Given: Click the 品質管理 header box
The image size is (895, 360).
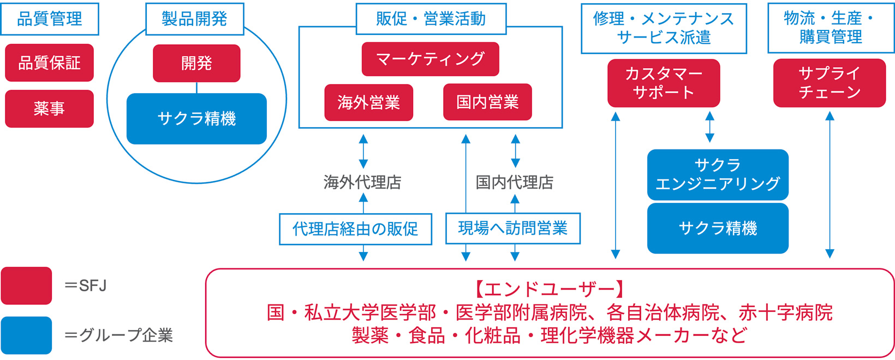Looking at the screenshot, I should [50, 19].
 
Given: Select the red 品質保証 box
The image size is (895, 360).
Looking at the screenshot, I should [50, 63].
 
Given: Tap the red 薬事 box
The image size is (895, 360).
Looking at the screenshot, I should [50, 109].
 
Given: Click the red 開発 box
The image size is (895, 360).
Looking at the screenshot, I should [196, 63].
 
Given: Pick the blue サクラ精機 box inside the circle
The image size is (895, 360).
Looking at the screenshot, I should [196, 118].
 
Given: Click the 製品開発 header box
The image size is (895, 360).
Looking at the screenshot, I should [195, 19].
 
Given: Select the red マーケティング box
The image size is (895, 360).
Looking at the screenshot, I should [430, 59].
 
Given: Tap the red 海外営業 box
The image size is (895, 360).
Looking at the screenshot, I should [368, 102].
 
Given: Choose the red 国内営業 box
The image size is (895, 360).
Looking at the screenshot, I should [487, 102].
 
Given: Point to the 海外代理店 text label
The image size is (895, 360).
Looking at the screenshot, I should [362, 182].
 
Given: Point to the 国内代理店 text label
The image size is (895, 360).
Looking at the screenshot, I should [515, 182].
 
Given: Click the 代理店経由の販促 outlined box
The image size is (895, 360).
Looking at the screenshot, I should [355, 229].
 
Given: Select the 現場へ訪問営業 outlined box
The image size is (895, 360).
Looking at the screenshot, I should [512, 229].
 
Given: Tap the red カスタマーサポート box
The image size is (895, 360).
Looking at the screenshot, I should [664, 83].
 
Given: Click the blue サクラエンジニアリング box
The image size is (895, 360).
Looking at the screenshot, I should [718, 175].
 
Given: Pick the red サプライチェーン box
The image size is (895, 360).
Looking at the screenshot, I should [830, 83].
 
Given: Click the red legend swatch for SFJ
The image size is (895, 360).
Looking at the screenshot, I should [26, 285].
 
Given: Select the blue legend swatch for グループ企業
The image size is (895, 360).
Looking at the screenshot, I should [26, 335].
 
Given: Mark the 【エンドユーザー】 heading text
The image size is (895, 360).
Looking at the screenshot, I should [550, 289].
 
